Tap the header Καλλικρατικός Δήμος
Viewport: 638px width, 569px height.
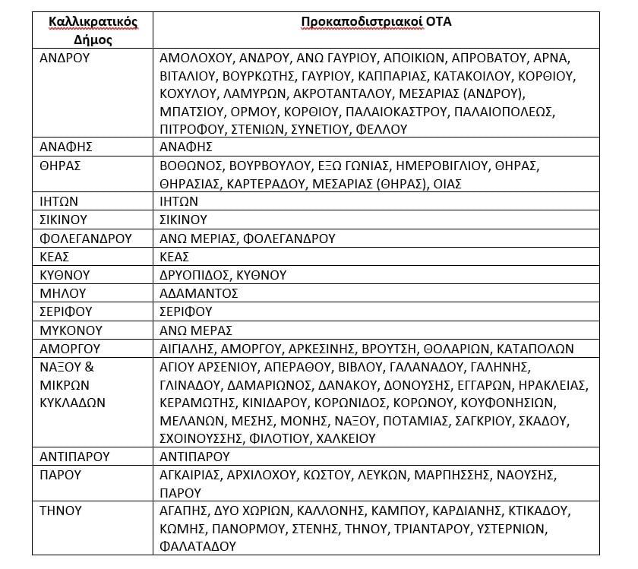[x=93, y=31]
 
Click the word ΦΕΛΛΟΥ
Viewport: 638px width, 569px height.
[x=381, y=129]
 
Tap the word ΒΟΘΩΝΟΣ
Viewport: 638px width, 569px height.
[x=189, y=166]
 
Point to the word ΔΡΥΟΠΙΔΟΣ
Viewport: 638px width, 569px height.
[x=193, y=275]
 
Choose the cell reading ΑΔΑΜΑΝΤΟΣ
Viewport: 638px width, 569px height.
[x=199, y=293]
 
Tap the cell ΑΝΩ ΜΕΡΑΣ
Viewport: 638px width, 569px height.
[x=196, y=330]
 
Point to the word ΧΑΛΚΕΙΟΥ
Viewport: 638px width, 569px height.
[x=346, y=438]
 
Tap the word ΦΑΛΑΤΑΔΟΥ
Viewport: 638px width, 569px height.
[x=197, y=545]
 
